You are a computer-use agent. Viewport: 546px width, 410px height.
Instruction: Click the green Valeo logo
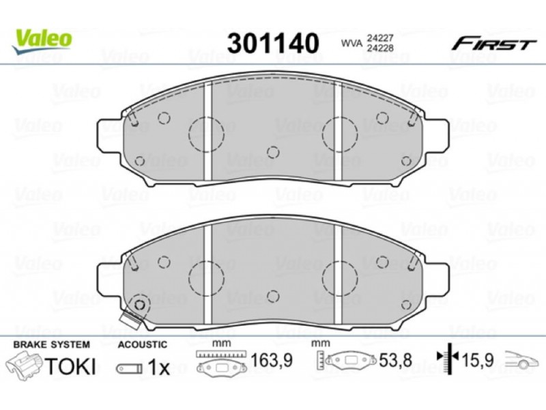click(42, 41)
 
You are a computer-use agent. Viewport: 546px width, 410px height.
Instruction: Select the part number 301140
click(273, 43)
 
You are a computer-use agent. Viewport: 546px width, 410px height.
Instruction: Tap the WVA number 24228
click(379, 48)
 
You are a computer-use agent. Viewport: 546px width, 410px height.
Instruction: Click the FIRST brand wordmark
click(493, 44)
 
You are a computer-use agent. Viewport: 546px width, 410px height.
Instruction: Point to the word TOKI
click(70, 366)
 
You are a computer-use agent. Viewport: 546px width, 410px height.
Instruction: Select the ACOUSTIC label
click(143, 344)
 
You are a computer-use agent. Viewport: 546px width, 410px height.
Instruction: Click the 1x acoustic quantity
click(158, 367)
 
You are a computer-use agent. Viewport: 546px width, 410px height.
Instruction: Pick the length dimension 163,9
click(271, 361)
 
